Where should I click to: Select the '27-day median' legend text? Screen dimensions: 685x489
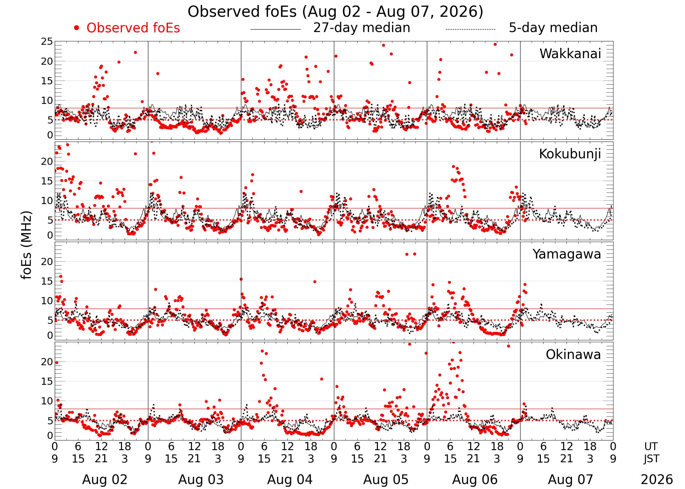click(362, 28)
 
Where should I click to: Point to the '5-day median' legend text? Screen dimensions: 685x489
click(553, 28)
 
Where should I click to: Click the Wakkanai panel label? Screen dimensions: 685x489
click(570, 54)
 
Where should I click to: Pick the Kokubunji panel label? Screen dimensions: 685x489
click(570, 154)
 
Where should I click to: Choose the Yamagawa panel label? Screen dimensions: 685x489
click(567, 254)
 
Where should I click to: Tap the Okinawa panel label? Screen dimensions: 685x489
click(573, 354)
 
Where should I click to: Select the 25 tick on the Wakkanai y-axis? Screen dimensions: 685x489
click(47, 41)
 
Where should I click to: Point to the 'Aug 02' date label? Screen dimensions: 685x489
click(105, 479)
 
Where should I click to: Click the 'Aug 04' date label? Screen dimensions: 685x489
click(290, 479)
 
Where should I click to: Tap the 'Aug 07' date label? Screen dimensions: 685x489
click(571, 479)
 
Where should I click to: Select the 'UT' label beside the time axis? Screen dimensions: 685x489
click(651, 446)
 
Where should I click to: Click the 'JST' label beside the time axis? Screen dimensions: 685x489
click(651, 459)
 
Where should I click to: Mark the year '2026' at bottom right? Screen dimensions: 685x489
click(657, 480)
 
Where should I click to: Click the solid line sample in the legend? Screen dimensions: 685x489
click(275, 29)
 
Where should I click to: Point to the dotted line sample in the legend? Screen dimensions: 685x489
click(470, 29)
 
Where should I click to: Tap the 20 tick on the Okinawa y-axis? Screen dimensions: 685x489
click(47, 361)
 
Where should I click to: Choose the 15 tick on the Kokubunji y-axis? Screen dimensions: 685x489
click(47, 181)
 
